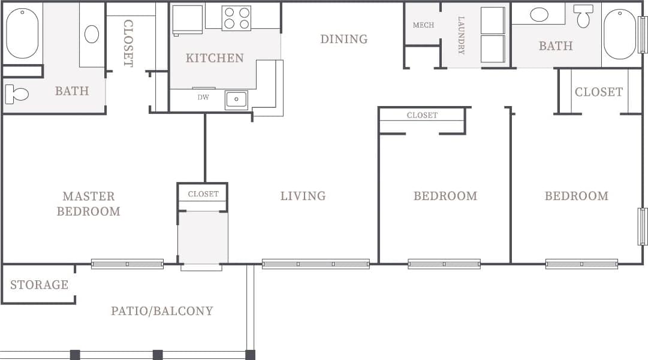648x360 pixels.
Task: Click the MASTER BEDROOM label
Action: point(88,204)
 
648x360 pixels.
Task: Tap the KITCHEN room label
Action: point(215,58)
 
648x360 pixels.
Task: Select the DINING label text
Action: point(343,40)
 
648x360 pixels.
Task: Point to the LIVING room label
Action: point(303,196)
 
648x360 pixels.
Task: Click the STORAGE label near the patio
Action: point(39,285)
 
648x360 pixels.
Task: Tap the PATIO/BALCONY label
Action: point(162,311)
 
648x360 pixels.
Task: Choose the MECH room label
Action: point(423,25)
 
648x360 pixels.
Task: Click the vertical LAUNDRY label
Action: point(461,35)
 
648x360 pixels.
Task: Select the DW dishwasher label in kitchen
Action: point(203,97)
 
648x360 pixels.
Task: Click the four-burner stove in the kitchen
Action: point(236,18)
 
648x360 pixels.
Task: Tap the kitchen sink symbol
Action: point(236,99)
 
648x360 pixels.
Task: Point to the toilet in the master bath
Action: point(17,94)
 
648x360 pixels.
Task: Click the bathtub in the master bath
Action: point(22,33)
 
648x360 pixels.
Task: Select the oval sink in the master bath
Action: point(91,34)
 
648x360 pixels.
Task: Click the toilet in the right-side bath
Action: point(583,16)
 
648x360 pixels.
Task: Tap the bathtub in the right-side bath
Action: point(619,34)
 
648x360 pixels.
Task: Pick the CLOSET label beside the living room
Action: point(203,194)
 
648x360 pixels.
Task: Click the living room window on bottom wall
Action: point(315,264)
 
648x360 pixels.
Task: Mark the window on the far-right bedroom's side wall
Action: point(642,226)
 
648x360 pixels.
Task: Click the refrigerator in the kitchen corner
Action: point(188,19)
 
